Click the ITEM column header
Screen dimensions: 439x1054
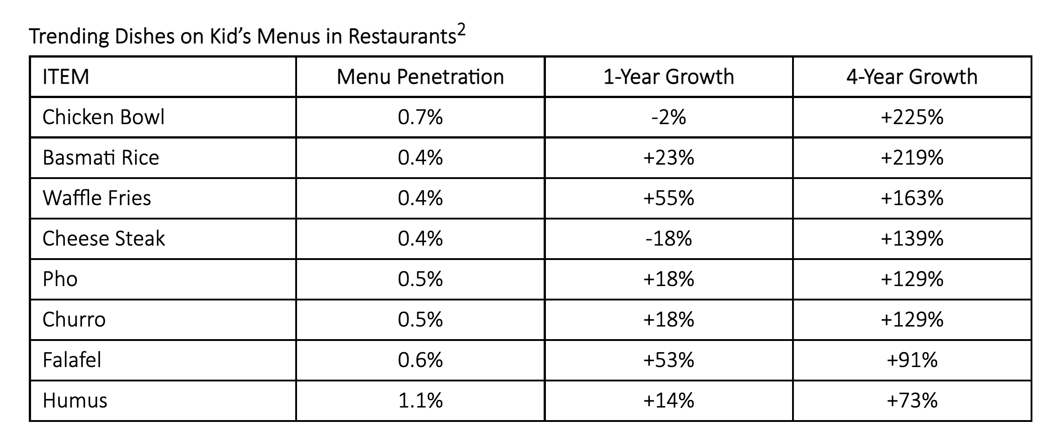coord(66,77)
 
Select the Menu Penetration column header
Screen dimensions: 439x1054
coord(420,77)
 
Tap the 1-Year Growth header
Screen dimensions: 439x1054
coord(668,77)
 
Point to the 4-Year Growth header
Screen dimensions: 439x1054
coord(912,77)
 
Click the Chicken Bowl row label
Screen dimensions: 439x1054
coord(104,117)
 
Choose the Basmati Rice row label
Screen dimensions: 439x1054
coord(101,158)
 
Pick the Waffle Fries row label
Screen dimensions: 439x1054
coord(97,198)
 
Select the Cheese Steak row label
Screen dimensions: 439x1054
coord(104,238)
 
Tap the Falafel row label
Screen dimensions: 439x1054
coord(72,360)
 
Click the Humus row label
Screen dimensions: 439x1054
coord(75,400)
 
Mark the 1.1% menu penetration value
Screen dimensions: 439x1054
coord(420,400)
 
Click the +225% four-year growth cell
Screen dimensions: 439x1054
coord(912,117)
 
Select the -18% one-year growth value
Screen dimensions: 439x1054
coord(668,238)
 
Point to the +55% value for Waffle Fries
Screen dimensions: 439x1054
coord(668,198)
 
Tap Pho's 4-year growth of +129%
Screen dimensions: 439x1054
coord(912,279)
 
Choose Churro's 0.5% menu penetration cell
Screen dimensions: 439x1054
coord(420,319)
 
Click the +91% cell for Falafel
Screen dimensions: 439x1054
coord(912,360)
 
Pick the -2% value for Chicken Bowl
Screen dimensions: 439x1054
coord(668,117)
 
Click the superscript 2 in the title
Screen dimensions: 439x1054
coord(461,30)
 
